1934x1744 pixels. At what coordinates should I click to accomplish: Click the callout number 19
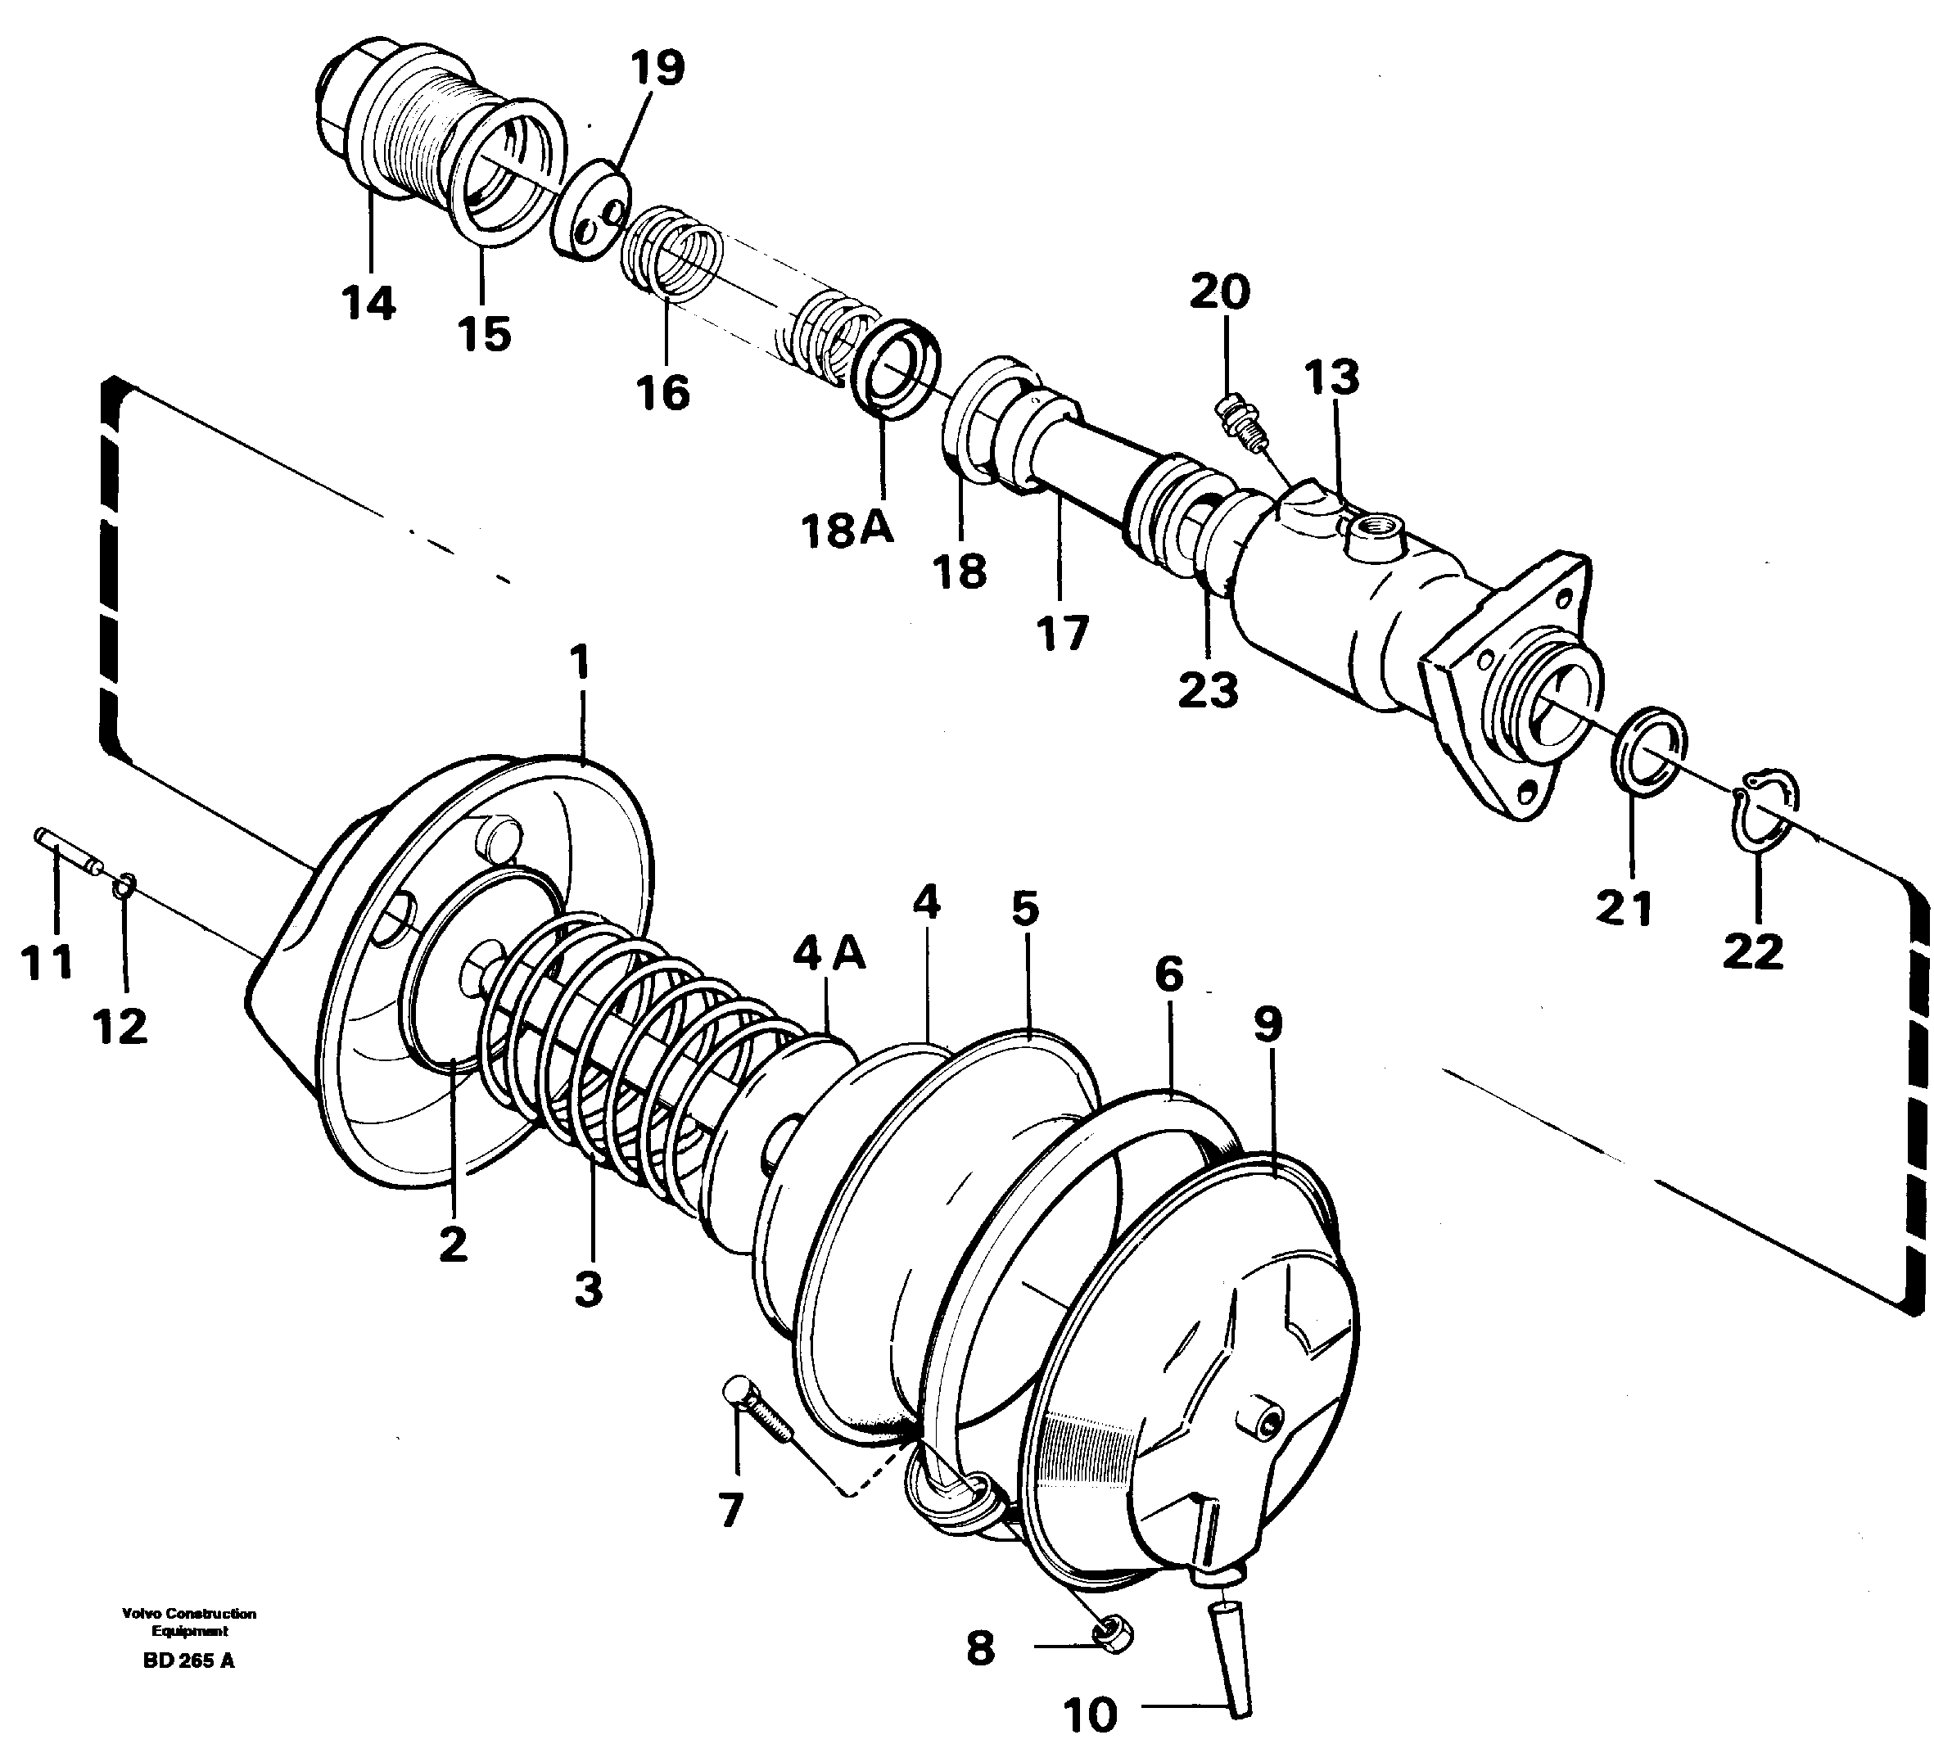pyautogui.click(x=657, y=69)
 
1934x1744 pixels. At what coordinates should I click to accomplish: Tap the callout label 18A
pyautogui.click(x=847, y=528)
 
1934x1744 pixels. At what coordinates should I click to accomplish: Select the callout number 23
pyautogui.click(x=1208, y=690)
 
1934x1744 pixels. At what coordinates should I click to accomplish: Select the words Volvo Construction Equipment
pyautogui.click(x=189, y=1622)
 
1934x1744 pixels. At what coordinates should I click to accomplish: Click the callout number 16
pyautogui.click(x=663, y=393)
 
